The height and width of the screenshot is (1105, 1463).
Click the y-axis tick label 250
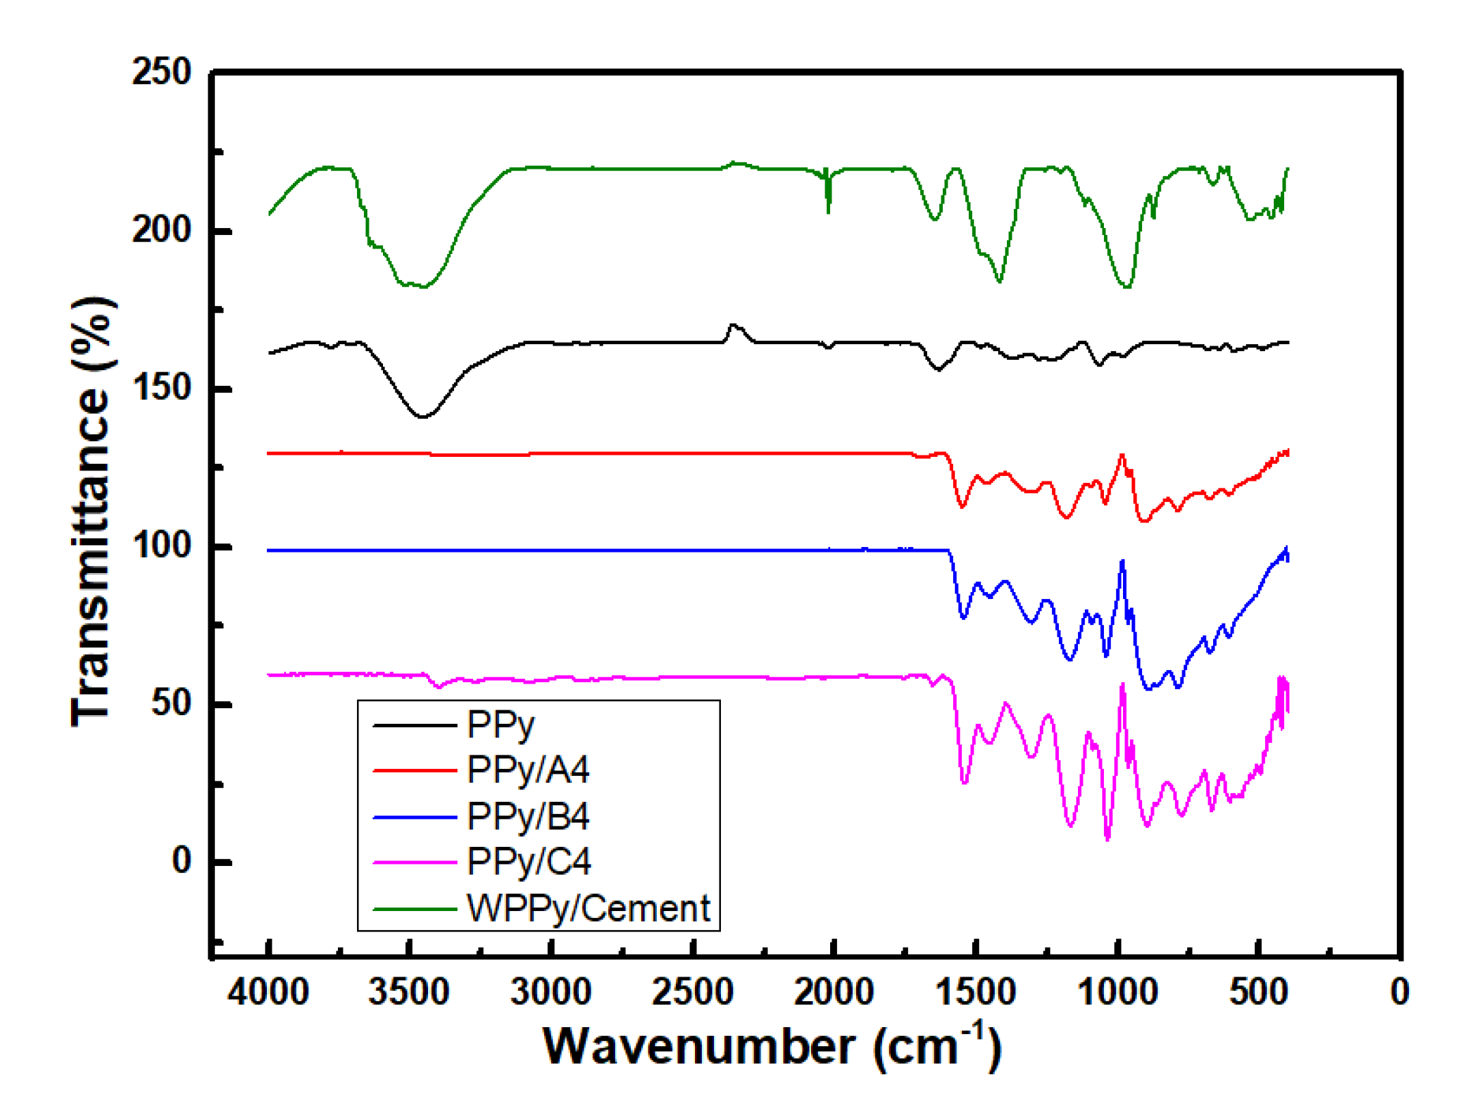tap(162, 72)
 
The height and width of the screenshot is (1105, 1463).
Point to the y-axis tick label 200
tap(162, 230)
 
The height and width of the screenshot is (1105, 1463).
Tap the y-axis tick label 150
tap(162, 388)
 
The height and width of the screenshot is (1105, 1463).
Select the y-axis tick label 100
tap(162, 546)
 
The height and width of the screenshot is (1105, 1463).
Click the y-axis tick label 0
tap(182, 861)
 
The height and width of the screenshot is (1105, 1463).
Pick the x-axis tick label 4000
tap(268, 992)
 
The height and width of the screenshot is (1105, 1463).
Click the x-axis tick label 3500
tap(409, 992)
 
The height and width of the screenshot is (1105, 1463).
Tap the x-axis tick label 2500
tap(692, 992)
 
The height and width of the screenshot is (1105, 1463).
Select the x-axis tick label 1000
tap(1118, 992)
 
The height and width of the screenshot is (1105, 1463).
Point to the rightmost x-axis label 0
tap(1400, 992)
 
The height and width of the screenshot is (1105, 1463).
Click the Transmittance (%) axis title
tap(92, 512)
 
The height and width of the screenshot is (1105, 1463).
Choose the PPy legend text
tap(500, 725)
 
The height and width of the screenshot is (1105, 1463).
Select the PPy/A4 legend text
tap(528, 770)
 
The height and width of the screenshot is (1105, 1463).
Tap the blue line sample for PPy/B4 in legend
tap(414, 817)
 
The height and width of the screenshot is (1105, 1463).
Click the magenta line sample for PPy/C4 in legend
tap(414, 863)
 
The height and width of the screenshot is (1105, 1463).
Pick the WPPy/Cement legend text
tap(588, 909)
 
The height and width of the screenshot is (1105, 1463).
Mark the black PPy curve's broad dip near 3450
tap(423, 416)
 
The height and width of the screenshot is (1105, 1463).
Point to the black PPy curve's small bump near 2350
tap(733, 326)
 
